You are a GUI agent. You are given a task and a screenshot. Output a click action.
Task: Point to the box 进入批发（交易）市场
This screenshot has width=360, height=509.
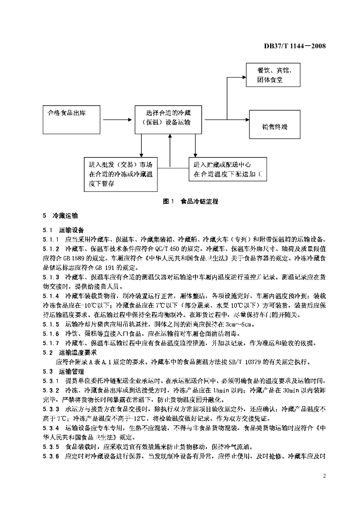coord(121,174)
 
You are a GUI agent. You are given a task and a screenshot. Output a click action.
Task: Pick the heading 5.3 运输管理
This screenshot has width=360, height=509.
coord(63,371)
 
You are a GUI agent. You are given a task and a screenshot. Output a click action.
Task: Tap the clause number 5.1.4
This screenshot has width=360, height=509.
coord(51,295)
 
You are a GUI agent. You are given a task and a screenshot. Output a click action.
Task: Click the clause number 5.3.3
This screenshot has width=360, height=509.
coord(51,409)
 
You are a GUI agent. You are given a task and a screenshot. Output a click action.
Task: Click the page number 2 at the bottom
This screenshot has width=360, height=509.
coord(324,476)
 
